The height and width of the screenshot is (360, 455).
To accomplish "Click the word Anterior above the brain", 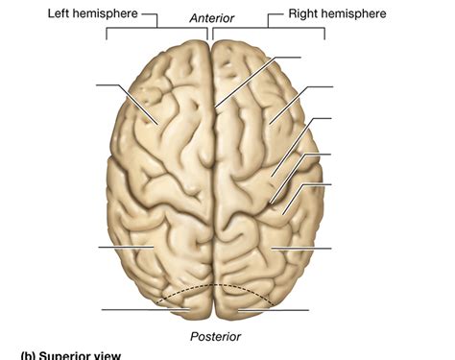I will point(211,18).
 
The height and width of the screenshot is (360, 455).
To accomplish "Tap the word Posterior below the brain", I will point(214,336).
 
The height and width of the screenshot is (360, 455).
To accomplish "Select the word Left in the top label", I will point(60,14).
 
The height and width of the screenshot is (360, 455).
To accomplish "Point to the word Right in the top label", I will point(307,14).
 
